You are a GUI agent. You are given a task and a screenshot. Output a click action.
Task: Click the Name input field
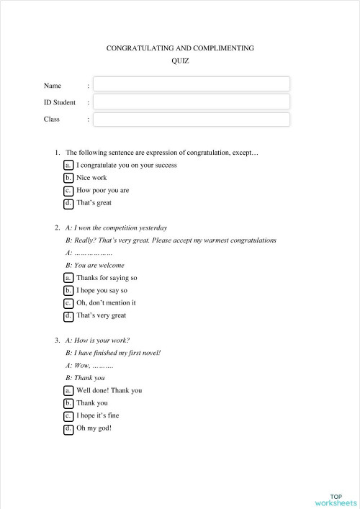pyautogui.click(x=192, y=84)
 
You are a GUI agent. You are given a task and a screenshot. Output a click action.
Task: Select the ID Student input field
pyautogui.click(x=192, y=102)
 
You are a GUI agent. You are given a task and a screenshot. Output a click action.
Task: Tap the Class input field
pyautogui.click(x=192, y=120)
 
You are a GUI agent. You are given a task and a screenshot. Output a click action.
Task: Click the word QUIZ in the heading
pyautogui.click(x=180, y=61)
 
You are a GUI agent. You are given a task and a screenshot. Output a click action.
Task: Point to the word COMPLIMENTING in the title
pyautogui.click(x=218, y=48)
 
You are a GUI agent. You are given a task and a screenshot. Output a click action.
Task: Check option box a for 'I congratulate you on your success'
pyautogui.click(x=68, y=165)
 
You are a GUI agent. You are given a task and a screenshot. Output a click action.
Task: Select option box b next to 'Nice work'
pyautogui.click(x=68, y=178)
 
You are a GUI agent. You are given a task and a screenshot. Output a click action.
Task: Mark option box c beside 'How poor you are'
pyautogui.click(x=68, y=191)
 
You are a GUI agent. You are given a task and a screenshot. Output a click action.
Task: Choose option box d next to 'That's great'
pyautogui.click(x=68, y=203)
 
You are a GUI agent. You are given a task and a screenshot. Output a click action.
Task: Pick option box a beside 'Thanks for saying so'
pyautogui.click(x=68, y=278)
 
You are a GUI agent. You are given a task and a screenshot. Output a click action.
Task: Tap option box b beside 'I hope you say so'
pyautogui.click(x=68, y=291)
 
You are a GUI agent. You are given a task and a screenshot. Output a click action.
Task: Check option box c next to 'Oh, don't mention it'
pyautogui.click(x=68, y=303)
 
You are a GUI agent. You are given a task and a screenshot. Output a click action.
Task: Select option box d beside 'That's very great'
pyautogui.click(x=68, y=315)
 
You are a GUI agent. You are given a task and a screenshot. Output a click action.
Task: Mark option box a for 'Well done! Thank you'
pyautogui.click(x=68, y=390)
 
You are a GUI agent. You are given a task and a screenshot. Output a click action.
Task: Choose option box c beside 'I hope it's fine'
pyautogui.click(x=68, y=415)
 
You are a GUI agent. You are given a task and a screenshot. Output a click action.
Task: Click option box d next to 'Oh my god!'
pyautogui.click(x=68, y=428)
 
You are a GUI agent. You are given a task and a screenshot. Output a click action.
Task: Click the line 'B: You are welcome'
pyautogui.click(x=94, y=265)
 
